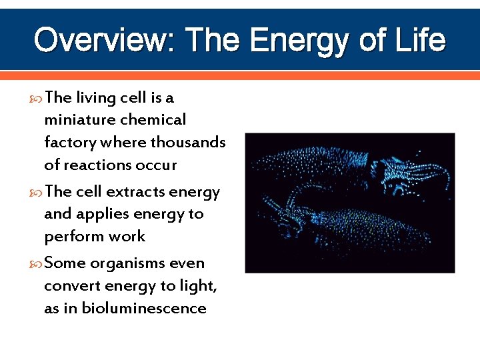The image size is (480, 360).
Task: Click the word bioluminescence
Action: coord(145,308)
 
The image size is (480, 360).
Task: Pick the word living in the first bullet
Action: coord(96,98)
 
